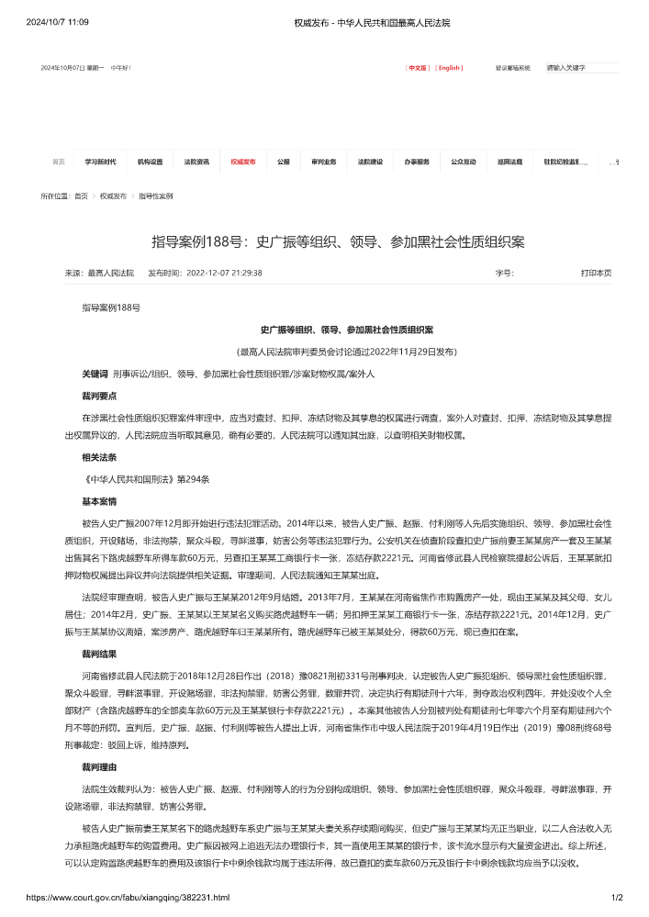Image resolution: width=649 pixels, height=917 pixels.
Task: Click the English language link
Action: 449,68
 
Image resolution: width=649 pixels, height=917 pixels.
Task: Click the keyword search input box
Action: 580,68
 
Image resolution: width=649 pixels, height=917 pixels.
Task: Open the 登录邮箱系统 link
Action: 513,68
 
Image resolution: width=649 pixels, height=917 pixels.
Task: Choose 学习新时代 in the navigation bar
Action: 100,162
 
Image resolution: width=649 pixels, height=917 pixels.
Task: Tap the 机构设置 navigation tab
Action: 150,162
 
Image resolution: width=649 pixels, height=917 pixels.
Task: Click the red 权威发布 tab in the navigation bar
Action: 243,162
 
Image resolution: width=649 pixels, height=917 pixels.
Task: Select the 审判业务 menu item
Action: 323,162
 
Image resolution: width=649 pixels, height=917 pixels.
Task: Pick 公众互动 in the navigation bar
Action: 463,162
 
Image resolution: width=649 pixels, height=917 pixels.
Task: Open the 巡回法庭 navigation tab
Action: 510,162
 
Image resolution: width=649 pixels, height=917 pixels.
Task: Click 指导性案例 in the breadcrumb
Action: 156,196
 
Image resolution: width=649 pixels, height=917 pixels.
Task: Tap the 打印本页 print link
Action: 596,273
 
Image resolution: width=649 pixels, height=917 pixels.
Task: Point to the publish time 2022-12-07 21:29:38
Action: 224,273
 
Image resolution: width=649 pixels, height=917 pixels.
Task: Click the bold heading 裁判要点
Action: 99,396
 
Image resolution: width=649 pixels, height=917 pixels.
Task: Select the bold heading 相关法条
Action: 99,456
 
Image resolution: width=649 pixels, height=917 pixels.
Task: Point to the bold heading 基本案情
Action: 99,501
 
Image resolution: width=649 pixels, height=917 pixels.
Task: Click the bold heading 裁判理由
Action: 99,765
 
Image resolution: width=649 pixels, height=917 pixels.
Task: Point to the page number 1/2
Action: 617,897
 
